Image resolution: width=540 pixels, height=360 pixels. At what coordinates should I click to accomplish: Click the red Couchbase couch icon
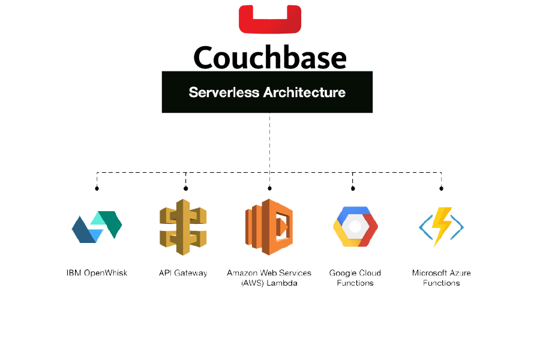point(269,18)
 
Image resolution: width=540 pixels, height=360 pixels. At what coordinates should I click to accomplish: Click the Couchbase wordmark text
point(270,58)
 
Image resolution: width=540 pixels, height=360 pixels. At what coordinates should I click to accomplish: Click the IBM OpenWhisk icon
point(97,227)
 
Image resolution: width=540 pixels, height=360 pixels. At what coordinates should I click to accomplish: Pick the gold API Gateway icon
point(183,227)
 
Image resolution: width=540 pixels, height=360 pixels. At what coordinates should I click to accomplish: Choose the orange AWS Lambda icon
point(269,227)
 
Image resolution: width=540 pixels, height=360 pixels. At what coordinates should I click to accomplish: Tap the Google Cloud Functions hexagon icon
point(355,227)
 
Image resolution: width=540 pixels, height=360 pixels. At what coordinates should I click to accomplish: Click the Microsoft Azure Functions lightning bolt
point(442,227)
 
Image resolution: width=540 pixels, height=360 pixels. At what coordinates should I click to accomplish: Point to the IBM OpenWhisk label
point(98,273)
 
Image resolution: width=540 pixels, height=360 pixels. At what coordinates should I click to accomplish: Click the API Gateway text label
point(183,273)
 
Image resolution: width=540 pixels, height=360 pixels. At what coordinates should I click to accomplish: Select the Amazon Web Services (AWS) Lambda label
point(269,278)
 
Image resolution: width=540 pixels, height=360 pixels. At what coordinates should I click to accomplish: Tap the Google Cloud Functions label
point(355,278)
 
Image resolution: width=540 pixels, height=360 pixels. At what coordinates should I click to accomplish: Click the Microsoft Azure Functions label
point(441,278)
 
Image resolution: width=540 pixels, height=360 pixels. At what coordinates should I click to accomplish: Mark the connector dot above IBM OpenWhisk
point(97,188)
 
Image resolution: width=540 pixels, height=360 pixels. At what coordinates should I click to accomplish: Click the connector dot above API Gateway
point(185,188)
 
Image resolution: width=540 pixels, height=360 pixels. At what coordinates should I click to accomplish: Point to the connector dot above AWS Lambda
point(269,188)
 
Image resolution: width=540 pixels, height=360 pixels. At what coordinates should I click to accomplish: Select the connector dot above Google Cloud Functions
point(353,188)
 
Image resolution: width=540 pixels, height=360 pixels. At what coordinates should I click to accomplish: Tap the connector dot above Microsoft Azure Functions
point(442,188)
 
